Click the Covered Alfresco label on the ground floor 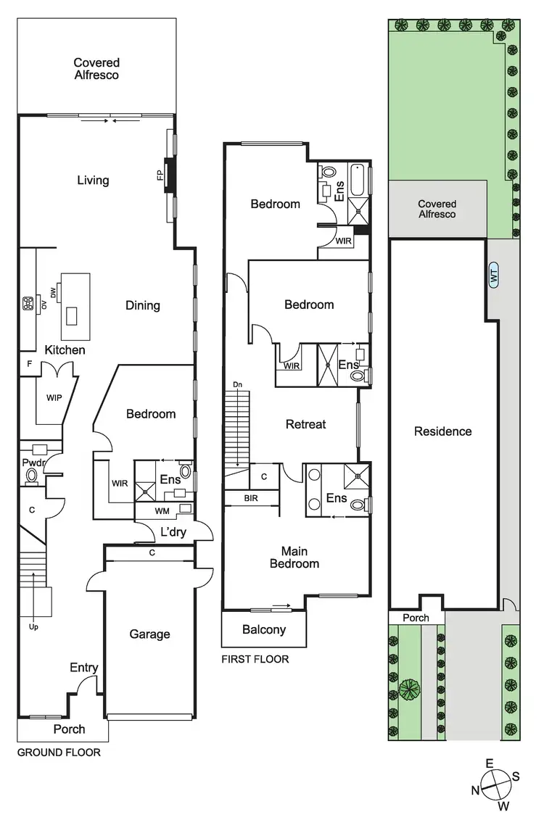[x=96, y=69]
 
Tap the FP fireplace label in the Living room [x=160, y=176]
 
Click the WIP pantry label [x=53, y=398]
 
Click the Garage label [x=149, y=634]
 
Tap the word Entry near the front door [x=84, y=668]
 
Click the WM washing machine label [x=162, y=511]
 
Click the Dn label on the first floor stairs [x=237, y=384]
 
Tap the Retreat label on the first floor [x=306, y=424]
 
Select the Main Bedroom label [x=294, y=557]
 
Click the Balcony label [x=263, y=629]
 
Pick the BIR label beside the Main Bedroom [x=251, y=498]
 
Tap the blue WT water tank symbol [x=494, y=276]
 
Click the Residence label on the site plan [x=442, y=431]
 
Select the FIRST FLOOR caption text [x=255, y=659]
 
